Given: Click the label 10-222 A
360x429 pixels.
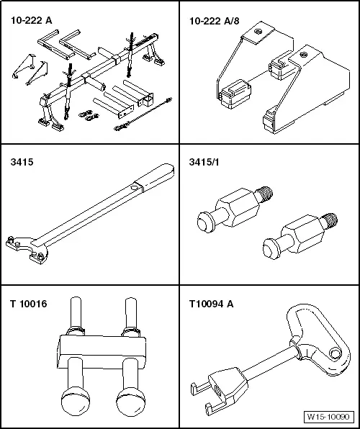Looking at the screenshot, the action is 31,21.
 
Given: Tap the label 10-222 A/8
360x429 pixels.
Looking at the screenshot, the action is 215,21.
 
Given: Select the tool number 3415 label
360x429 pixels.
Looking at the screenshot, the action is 22,162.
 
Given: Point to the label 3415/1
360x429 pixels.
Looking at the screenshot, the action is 204,162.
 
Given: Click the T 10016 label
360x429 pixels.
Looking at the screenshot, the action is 29,304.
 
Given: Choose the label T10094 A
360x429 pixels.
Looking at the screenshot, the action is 212,304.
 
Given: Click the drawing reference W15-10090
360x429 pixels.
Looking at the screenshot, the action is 328,417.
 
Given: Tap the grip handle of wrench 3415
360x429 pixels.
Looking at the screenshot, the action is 155,177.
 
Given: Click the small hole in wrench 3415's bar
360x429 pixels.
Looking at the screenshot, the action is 134,188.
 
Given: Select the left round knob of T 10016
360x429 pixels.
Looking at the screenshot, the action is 76,400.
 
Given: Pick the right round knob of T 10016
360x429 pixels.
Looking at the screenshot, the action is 130,400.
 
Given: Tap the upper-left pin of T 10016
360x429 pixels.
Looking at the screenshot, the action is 76,314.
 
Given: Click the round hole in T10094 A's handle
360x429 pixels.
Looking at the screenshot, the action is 334,353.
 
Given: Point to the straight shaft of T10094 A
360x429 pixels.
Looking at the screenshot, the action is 269,361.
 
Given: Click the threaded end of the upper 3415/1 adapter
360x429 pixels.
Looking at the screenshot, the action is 265,194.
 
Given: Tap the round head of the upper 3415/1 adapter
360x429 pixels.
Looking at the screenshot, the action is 205,222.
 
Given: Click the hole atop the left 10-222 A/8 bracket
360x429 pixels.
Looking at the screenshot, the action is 257,32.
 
